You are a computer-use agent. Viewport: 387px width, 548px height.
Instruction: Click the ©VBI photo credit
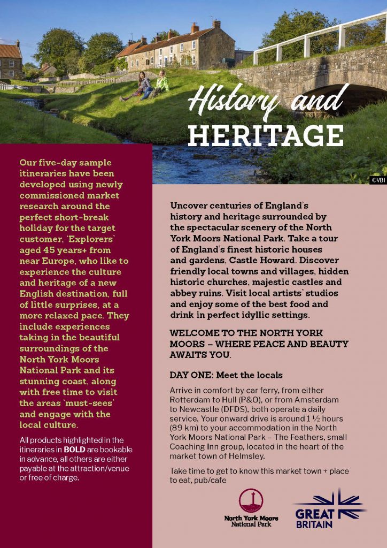[377, 180]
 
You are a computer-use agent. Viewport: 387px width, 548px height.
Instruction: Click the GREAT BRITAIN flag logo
[329, 508]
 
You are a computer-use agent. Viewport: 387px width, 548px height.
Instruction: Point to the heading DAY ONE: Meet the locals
[226, 375]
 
